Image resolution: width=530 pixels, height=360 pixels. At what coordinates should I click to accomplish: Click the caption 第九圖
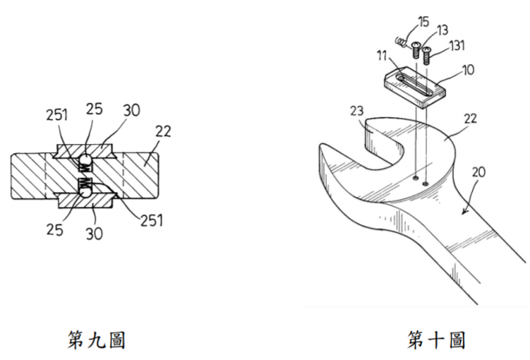click(97, 340)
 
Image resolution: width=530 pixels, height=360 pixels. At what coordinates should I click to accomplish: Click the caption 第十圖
click(436, 340)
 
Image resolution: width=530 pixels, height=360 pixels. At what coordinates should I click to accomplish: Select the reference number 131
click(457, 45)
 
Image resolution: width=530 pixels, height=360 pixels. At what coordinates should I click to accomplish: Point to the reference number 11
click(382, 56)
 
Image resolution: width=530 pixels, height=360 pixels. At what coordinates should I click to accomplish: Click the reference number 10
click(468, 70)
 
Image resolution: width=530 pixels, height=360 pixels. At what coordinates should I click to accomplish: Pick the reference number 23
click(357, 111)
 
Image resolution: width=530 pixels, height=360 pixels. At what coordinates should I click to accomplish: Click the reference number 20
click(478, 172)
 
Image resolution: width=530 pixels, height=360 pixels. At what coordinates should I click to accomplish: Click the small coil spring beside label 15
click(401, 42)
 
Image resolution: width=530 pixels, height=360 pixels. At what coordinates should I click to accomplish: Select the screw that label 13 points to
click(416, 50)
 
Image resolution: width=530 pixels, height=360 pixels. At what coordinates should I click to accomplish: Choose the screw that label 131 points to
click(427, 56)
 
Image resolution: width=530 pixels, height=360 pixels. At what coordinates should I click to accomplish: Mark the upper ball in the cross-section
click(86, 159)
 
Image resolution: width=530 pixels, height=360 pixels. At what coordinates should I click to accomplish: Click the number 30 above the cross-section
click(131, 110)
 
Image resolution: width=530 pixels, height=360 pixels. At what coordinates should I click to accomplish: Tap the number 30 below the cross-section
click(95, 233)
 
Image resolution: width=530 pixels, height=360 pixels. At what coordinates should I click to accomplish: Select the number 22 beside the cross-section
click(163, 131)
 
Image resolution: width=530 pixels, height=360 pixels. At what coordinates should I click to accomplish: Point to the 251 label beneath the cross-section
click(152, 220)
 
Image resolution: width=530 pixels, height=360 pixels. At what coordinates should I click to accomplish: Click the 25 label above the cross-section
click(94, 109)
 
